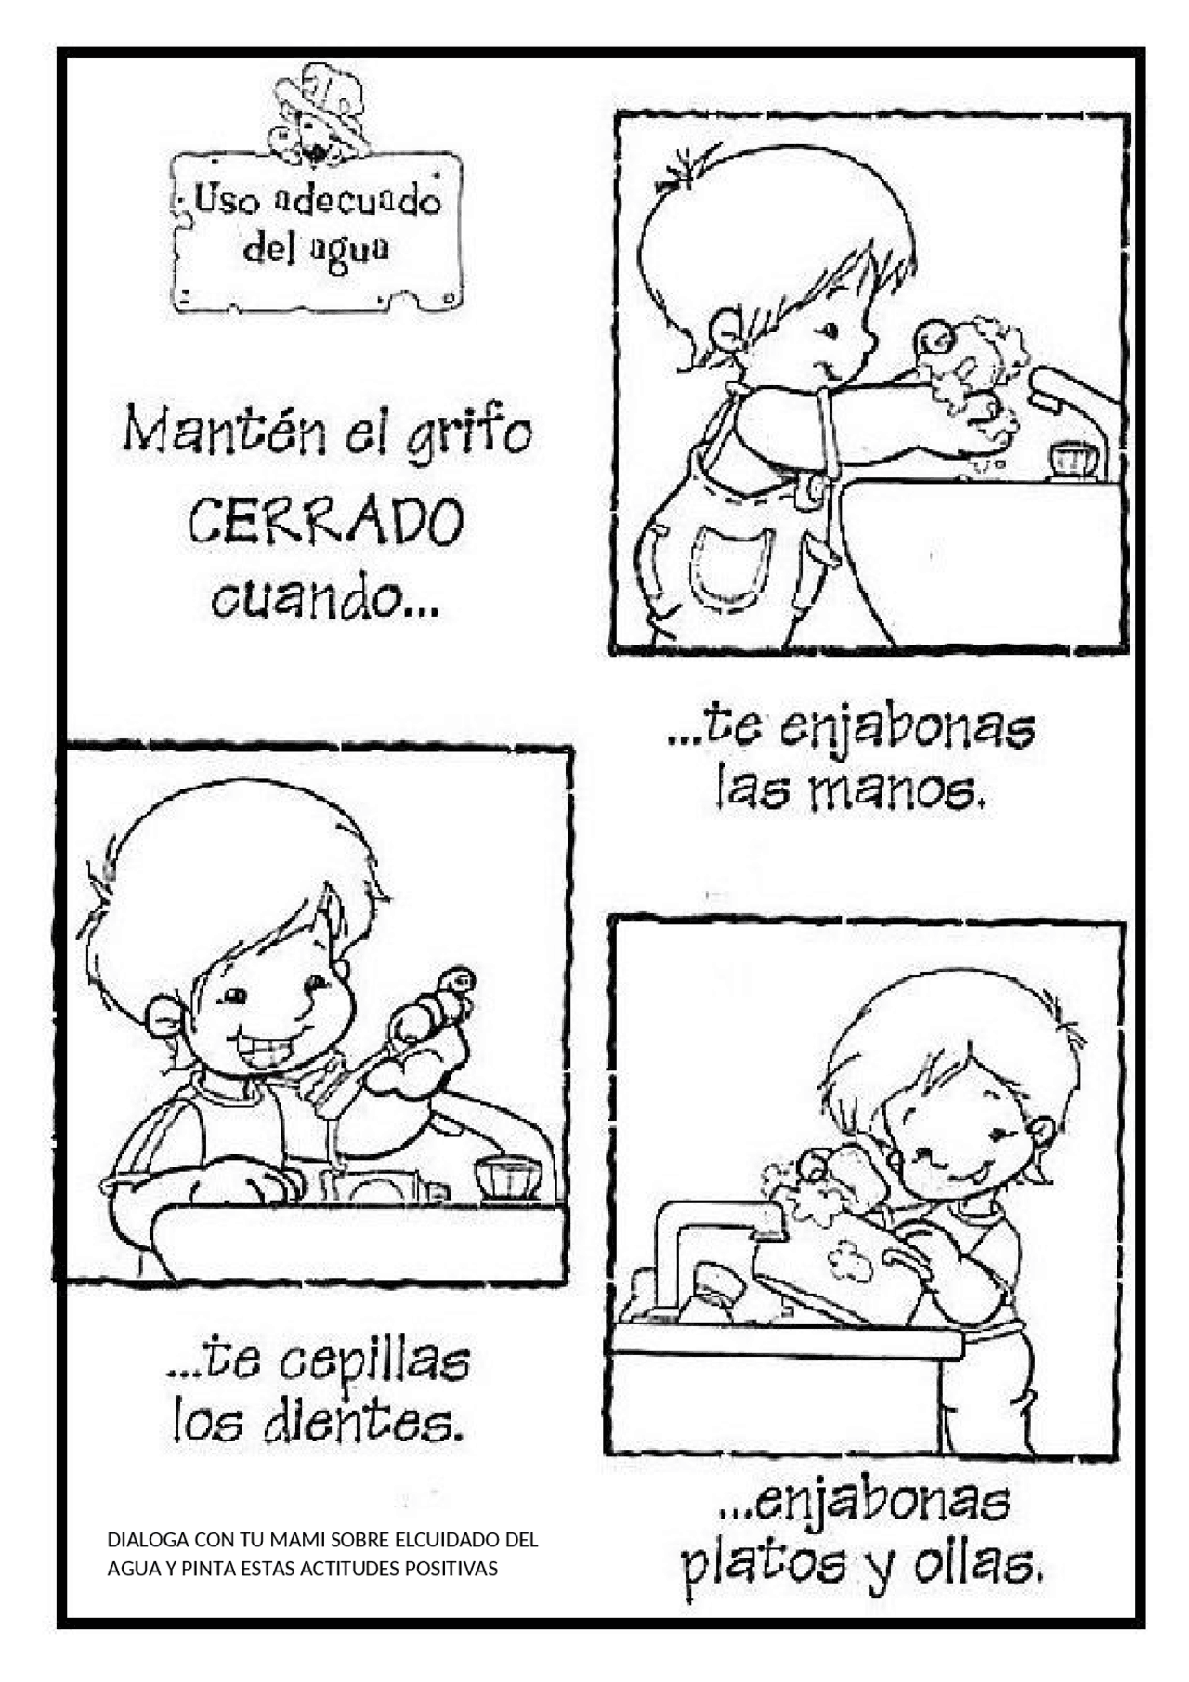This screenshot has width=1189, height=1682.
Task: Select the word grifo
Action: [x=469, y=435]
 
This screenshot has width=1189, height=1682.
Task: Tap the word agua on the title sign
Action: [x=354, y=250]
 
